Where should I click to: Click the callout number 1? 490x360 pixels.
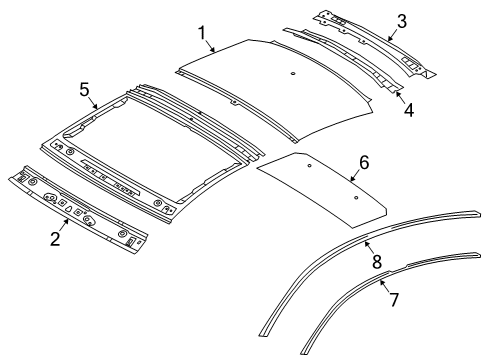click(202, 34)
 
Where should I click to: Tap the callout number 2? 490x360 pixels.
click(55, 239)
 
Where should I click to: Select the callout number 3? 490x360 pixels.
click(402, 21)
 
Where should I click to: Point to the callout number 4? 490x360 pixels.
click(409, 110)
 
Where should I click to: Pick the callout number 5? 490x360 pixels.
click(84, 90)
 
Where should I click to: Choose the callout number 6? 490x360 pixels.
click(364, 163)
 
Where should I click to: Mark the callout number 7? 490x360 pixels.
click(394, 300)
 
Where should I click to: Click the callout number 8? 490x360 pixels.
click(377, 262)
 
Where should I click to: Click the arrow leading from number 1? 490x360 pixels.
click(210, 46)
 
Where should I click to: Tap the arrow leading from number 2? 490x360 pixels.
click(64, 225)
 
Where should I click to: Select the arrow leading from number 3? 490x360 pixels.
click(393, 34)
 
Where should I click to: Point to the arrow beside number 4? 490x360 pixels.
click(400, 97)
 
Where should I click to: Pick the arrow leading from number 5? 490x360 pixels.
click(93, 103)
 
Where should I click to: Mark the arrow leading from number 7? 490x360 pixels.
click(385, 286)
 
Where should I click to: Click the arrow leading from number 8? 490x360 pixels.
click(369, 248)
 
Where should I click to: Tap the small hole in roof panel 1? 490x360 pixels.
click(293, 74)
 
